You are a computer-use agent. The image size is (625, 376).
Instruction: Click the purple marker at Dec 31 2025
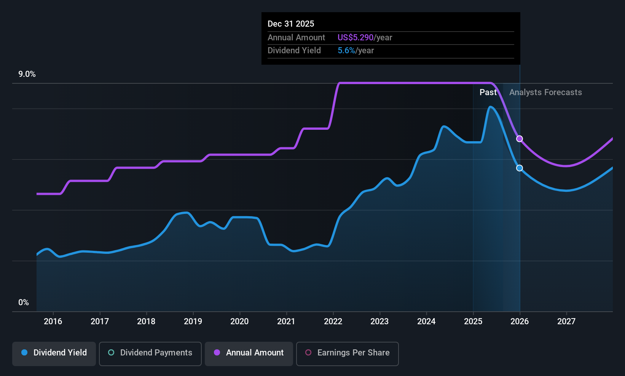tap(520, 139)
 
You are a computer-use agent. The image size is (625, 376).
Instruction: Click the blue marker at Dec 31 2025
tap(520, 168)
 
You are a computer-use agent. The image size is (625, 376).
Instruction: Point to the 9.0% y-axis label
tap(27, 74)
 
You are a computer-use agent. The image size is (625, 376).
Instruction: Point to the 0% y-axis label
tap(23, 303)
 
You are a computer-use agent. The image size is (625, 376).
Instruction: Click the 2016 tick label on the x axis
tap(53, 322)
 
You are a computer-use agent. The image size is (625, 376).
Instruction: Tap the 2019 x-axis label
tap(193, 322)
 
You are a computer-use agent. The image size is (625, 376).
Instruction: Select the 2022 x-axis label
tap(333, 322)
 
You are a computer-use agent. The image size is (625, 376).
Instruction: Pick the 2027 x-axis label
tap(566, 322)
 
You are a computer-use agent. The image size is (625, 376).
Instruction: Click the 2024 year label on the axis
tap(426, 322)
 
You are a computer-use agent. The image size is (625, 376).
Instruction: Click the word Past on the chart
tap(488, 92)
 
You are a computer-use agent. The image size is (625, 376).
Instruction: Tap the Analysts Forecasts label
tap(545, 92)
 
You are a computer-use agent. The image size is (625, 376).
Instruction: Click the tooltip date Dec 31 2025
tap(291, 24)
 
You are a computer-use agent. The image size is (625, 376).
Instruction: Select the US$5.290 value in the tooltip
tap(356, 38)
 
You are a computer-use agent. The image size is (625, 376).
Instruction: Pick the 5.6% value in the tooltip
tap(346, 51)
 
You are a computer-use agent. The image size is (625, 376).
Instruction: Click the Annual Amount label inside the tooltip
tap(296, 38)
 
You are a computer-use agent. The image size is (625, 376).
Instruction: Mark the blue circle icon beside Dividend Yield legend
tap(24, 353)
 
